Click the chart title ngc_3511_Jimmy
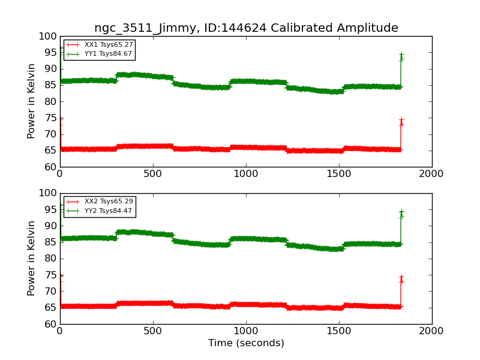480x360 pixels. [246, 28]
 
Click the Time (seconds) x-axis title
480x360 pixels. [246, 343]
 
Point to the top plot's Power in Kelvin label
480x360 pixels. [31, 101]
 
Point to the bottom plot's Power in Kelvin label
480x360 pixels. [31, 258]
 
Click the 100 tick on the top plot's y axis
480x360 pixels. [48, 36]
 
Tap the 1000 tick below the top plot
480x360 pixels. [246, 174]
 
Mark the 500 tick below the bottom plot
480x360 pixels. [153, 331]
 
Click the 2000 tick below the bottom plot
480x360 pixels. [432, 331]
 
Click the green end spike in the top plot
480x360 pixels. [401, 57]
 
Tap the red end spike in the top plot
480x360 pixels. [401, 122]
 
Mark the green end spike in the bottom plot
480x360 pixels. [401, 214]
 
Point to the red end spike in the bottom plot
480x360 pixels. [401, 280]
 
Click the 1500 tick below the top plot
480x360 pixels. [339, 174]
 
